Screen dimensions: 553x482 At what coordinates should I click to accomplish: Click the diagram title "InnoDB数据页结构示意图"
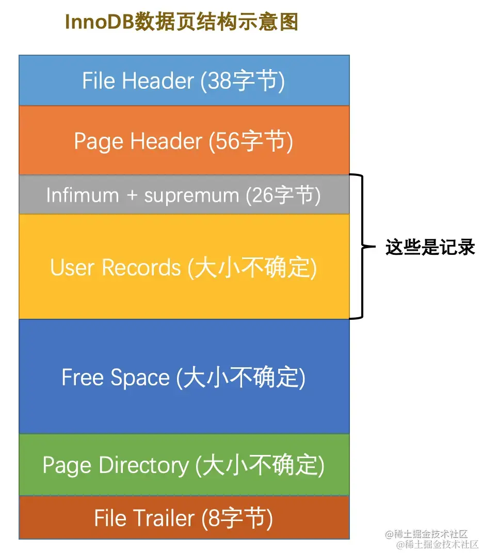point(182,22)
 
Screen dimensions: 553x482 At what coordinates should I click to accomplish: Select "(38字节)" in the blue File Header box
point(242,81)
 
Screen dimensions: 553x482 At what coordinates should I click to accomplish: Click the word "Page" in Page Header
point(99,141)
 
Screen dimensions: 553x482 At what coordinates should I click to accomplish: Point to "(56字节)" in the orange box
point(250,141)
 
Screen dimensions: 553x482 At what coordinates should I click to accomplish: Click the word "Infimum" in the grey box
point(83,195)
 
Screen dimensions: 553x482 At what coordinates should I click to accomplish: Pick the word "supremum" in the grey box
point(191,195)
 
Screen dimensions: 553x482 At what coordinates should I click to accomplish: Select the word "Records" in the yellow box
point(141,267)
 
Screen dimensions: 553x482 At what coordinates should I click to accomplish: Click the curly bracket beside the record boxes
point(363,247)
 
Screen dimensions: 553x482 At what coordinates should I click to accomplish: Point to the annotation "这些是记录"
point(430,247)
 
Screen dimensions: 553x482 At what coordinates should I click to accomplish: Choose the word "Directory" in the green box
point(144,465)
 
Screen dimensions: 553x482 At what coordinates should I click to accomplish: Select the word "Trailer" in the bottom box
point(162,517)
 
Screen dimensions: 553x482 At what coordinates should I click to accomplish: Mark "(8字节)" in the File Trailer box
point(237,517)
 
